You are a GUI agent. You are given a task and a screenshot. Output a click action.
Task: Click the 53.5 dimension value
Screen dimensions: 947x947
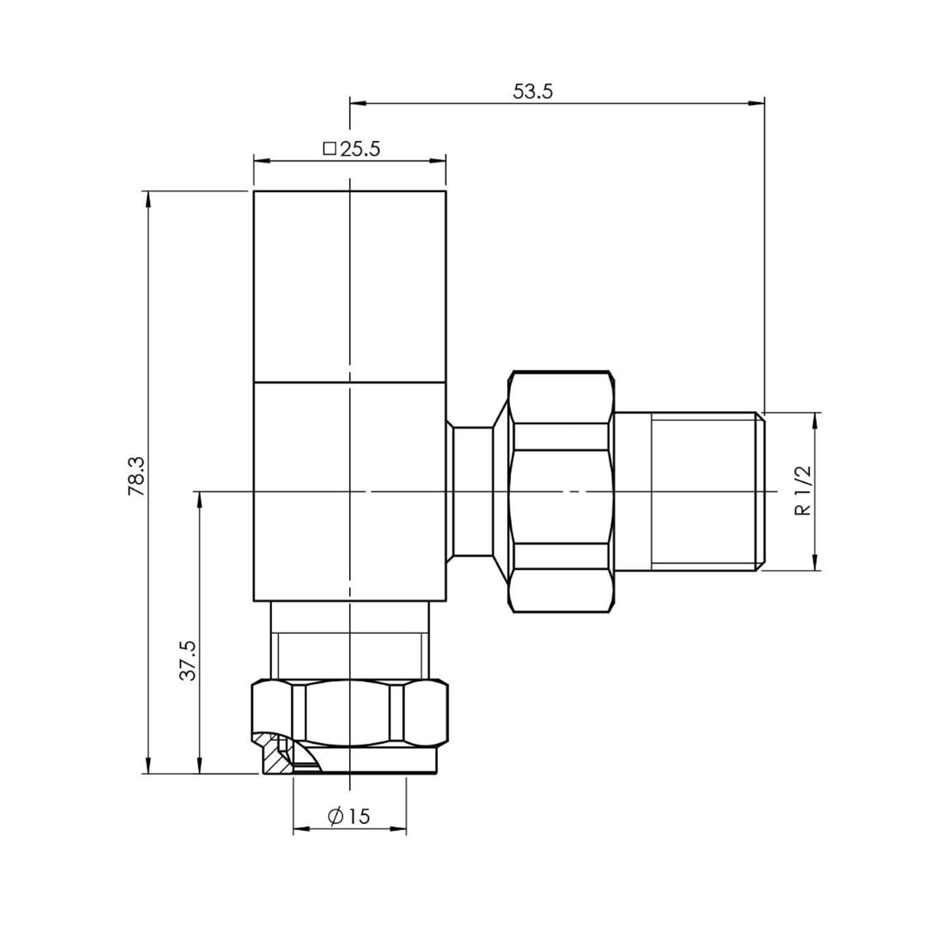532,92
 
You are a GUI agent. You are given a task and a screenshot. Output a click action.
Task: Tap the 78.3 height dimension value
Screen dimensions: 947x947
137,477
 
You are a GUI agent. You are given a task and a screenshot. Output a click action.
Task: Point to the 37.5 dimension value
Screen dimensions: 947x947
188,660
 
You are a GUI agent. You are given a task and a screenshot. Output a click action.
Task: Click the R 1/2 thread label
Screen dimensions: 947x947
803,491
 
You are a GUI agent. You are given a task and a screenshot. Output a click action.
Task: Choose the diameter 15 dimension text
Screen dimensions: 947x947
348,816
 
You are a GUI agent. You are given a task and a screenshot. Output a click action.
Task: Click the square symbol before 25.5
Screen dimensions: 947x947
329,149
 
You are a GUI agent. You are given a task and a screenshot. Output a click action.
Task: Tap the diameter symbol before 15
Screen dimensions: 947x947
335,816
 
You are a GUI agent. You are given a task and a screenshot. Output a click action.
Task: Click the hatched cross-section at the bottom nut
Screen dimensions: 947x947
275,758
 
